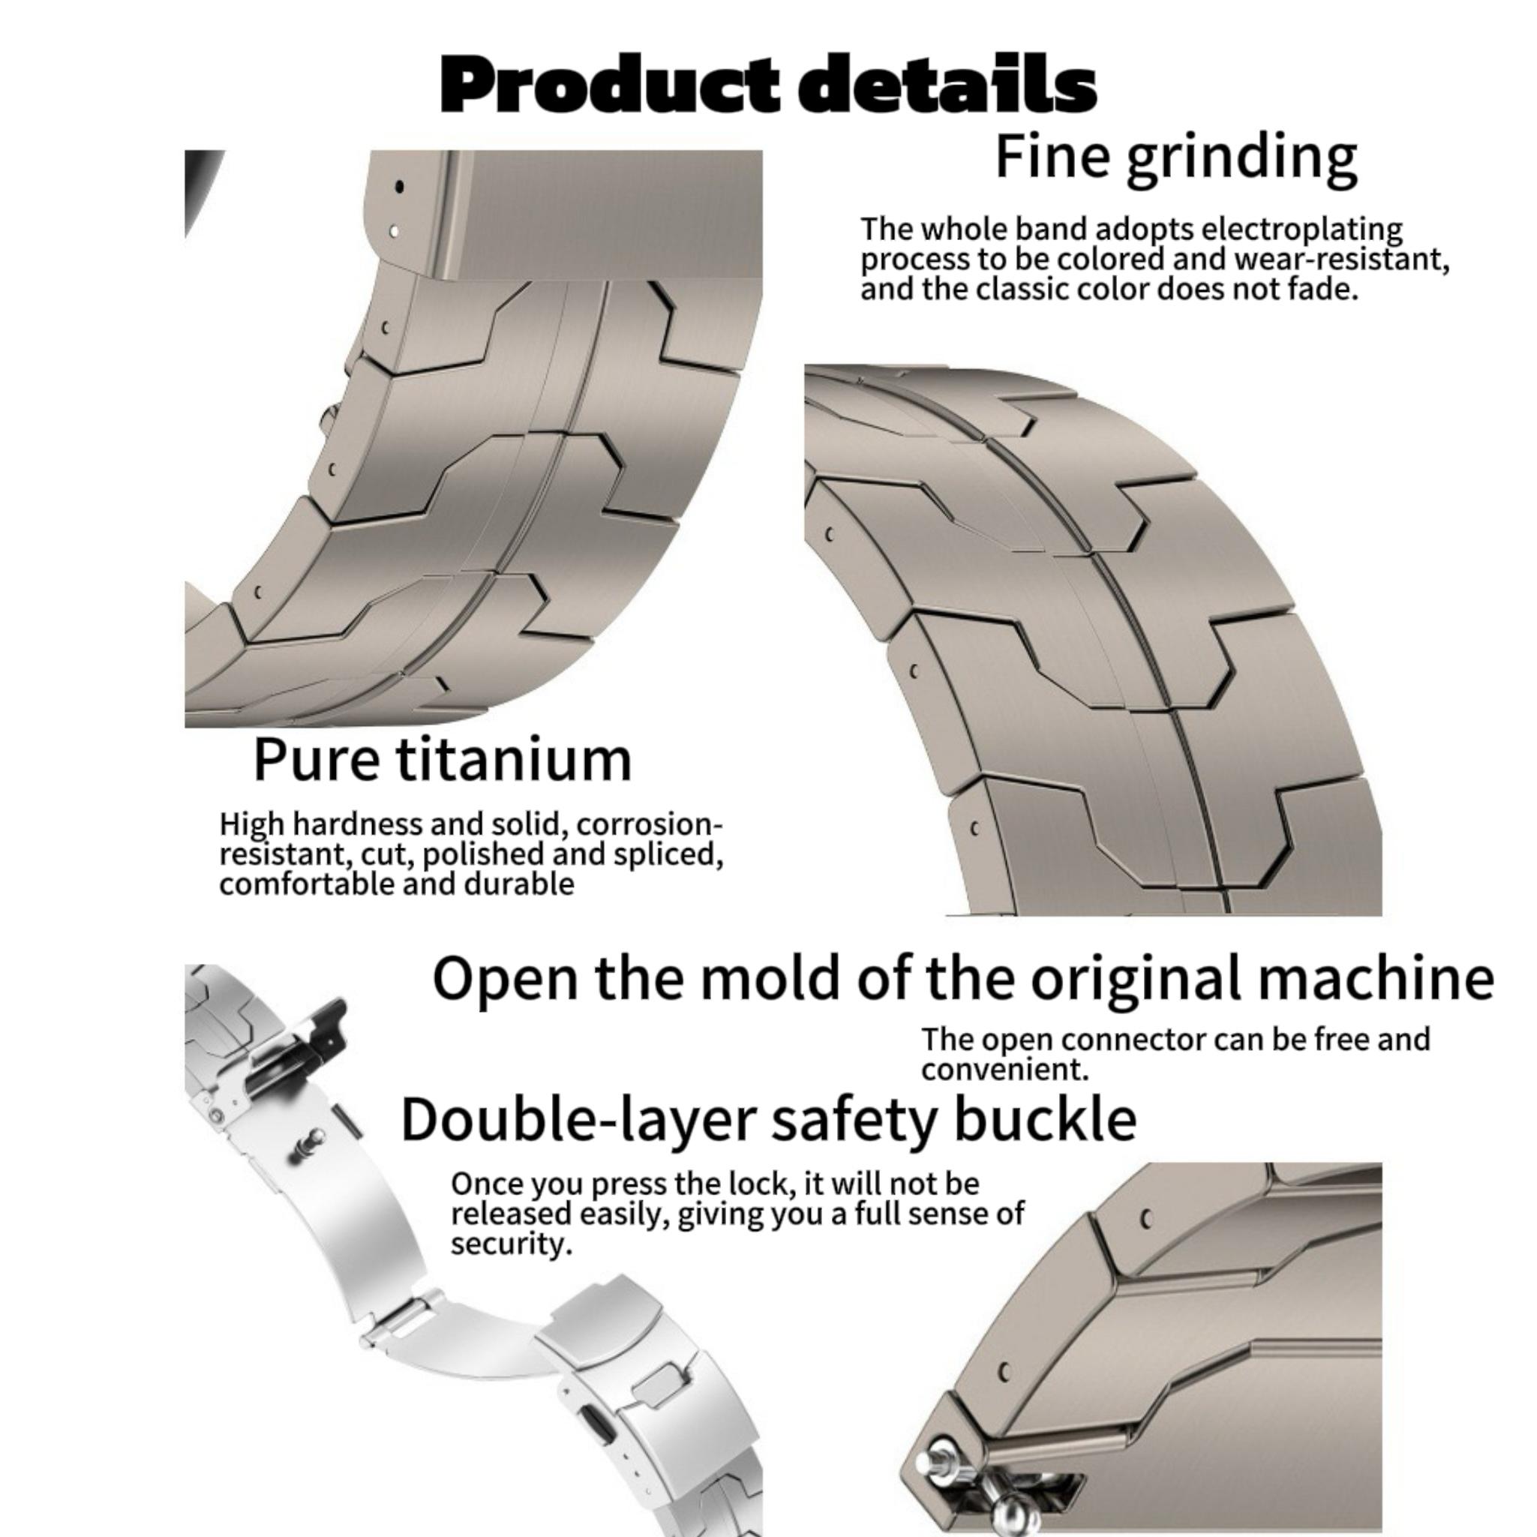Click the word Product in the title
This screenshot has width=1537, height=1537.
tap(610, 86)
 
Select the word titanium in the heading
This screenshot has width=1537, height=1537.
tap(514, 760)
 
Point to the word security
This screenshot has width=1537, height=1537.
tap(511, 1244)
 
